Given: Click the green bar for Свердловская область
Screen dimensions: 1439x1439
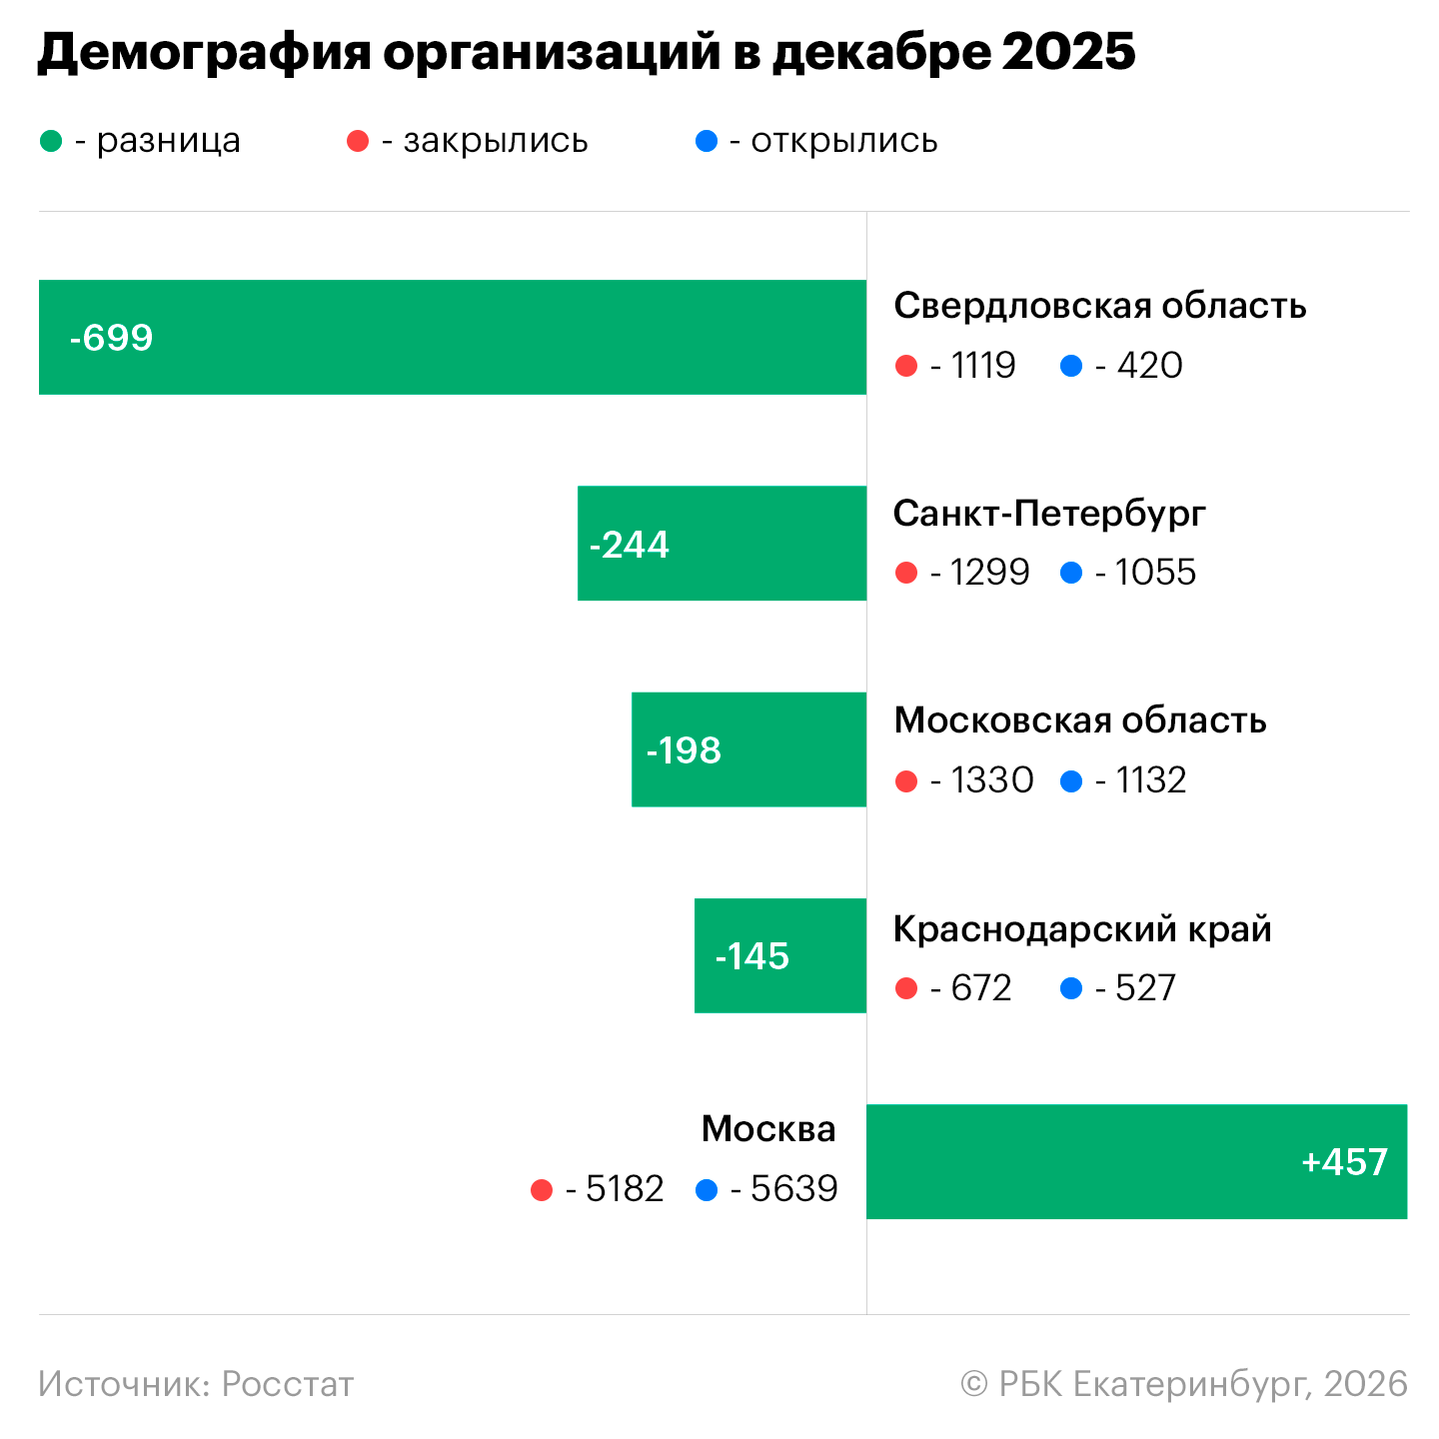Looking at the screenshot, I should click(x=452, y=337).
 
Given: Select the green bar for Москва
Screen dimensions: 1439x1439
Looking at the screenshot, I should click(x=1136, y=1161).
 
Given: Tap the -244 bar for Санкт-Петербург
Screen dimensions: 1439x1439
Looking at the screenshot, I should click(x=721, y=544).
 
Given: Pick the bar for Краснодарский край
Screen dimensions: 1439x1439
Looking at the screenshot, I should click(x=779, y=955).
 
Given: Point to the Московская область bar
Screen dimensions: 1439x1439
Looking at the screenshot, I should click(x=748, y=749).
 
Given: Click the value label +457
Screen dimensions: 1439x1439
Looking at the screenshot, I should click(x=1344, y=1162).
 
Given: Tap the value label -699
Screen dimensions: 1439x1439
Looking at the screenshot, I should click(x=111, y=338).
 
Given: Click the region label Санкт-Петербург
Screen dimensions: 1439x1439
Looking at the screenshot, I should click(x=1049, y=513).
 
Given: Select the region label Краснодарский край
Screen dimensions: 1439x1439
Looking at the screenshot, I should click(x=1082, y=928).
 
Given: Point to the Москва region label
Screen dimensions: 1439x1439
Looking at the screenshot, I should click(x=768, y=1128).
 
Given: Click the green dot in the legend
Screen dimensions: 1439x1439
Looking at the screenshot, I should click(x=51, y=142).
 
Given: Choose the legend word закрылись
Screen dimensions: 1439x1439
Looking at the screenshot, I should click(x=496, y=141).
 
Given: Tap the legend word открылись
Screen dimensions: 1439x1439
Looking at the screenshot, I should click(x=844, y=141).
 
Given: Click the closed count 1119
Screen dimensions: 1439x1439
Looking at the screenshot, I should click(x=983, y=366).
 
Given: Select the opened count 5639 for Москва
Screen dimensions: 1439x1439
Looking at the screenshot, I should click(x=793, y=1189).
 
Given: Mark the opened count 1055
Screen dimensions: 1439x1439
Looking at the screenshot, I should click(x=1155, y=573).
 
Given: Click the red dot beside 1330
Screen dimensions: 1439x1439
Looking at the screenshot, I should click(x=906, y=781).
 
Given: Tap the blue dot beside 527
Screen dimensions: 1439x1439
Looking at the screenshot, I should click(x=1071, y=989).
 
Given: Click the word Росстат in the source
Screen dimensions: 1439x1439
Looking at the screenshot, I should click(x=288, y=1384).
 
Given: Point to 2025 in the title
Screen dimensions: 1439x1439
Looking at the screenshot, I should click(x=1068, y=52).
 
